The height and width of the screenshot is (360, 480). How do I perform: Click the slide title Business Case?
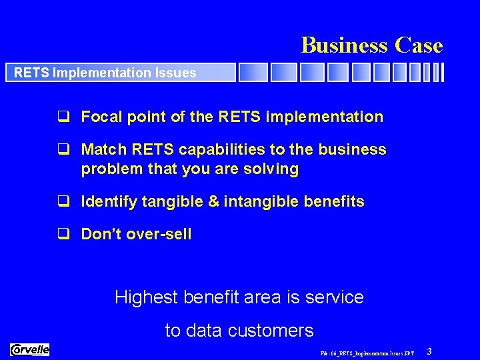(371, 45)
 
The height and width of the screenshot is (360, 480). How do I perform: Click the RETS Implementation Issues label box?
(120, 73)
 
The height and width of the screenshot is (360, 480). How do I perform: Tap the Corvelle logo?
(30, 349)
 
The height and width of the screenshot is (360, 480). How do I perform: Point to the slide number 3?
(429, 351)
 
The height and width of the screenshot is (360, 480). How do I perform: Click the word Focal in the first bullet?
(99, 117)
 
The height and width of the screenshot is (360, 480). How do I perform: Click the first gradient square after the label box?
(253, 72)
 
